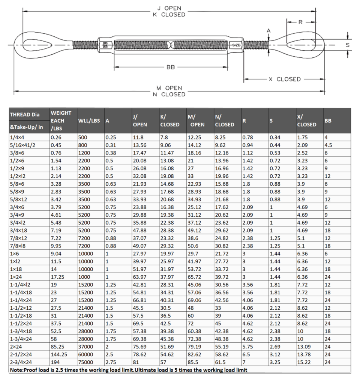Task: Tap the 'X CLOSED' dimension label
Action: (285, 79)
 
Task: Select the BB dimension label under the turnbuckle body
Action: (170, 67)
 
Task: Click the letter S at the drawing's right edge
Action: (348, 45)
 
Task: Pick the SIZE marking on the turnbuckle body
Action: (236, 45)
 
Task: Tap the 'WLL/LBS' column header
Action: (88, 121)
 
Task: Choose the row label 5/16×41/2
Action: (22, 145)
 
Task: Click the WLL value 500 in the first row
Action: (82, 138)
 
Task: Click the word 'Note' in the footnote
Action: (16, 370)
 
